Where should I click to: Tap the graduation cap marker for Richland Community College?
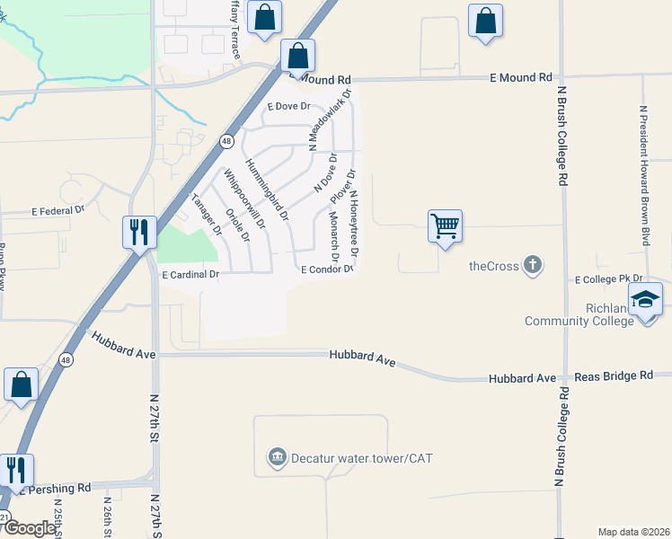(x=645, y=299)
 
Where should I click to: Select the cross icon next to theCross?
(x=533, y=264)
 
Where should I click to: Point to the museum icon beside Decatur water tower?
(x=277, y=458)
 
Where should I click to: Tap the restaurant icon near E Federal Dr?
(x=138, y=233)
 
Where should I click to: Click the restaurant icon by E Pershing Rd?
(x=16, y=470)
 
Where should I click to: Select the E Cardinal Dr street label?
(x=190, y=274)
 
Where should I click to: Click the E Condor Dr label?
(x=326, y=269)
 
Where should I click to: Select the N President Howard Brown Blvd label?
(x=643, y=174)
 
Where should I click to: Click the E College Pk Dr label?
(x=609, y=279)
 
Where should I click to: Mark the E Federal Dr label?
(x=57, y=211)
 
